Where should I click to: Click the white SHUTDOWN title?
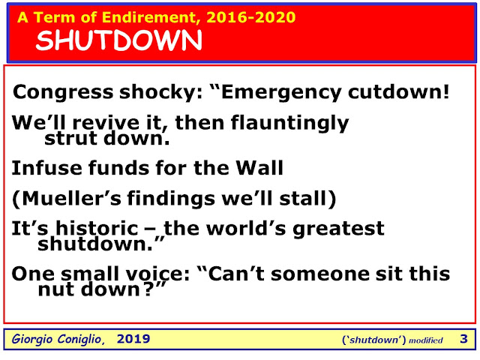point(118,40)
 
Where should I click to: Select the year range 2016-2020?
point(251,17)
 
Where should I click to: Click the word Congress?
point(63,92)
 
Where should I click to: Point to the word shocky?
point(160,92)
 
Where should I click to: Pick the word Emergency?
point(280,92)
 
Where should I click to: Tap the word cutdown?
point(398,91)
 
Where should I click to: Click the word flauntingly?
point(290,123)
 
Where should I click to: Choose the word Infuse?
point(46,168)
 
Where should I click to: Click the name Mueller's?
point(72,198)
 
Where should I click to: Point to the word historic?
point(97,228)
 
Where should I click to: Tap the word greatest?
point(338,229)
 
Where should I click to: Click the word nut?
point(57,289)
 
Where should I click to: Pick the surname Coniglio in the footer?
point(81,339)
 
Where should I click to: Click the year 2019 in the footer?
point(133,339)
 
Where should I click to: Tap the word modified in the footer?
point(426,340)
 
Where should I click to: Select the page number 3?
point(463,339)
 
